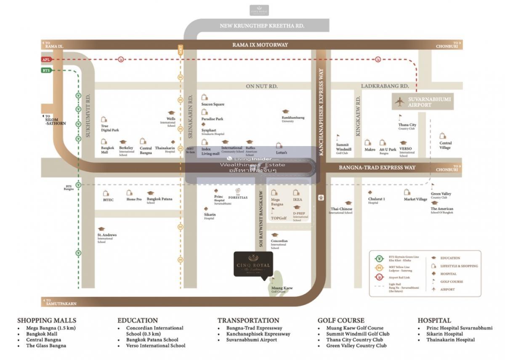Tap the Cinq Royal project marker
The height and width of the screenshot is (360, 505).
[253, 264]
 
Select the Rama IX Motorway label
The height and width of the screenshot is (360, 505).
[260, 45]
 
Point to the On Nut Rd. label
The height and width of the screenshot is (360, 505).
[262, 86]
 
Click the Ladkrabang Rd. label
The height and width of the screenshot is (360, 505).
[385, 86]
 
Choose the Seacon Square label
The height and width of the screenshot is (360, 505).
[213, 104]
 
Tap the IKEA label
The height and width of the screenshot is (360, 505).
[297, 200]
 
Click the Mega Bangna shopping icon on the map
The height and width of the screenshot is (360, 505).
[274, 192]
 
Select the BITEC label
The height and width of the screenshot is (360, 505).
[108, 200]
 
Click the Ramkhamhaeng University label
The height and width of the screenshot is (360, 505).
[293, 118]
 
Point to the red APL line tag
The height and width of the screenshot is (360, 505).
[46, 59]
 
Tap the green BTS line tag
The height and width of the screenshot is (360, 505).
[46, 70]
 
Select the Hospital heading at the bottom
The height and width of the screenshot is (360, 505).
[434, 320]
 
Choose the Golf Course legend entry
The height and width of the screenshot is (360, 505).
[451, 282]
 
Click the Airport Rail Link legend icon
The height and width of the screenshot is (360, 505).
[380, 277]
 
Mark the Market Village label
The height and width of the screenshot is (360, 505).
[415, 199]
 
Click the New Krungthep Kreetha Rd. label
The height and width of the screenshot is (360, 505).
[262, 26]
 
